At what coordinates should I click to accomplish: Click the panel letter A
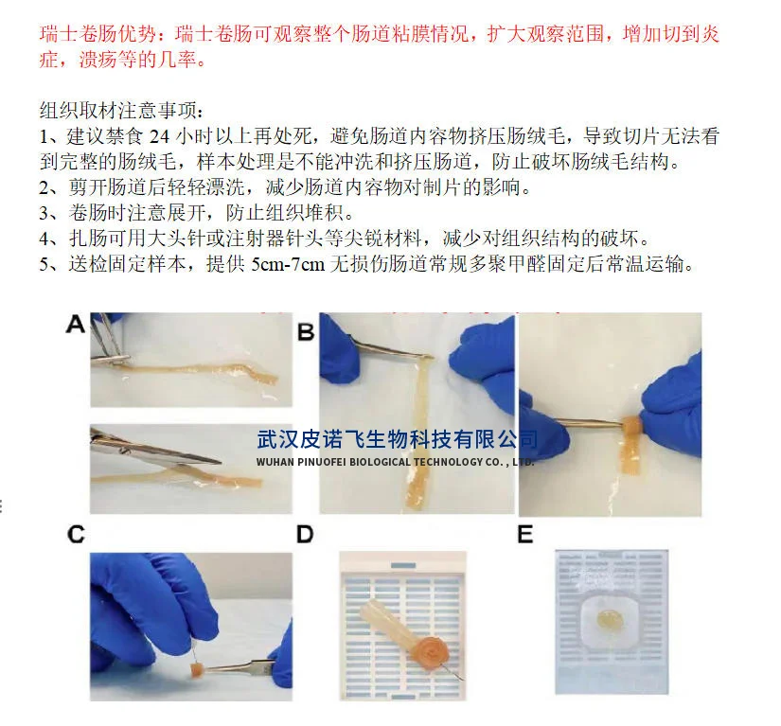point(75,324)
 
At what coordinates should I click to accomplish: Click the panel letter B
point(306,331)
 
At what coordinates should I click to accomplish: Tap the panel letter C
point(77,534)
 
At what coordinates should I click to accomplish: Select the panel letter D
point(305,534)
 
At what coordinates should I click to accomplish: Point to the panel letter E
point(525,534)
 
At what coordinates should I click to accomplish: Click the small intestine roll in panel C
point(196,671)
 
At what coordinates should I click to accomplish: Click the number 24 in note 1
point(159,136)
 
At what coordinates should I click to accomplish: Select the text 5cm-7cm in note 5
point(288,264)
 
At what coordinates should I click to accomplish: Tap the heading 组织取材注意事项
point(118,110)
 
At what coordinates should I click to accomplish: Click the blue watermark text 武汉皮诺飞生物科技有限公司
point(397,440)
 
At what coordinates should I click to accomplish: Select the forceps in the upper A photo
point(111,338)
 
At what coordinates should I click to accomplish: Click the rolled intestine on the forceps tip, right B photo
point(631,427)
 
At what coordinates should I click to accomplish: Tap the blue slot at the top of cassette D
point(403,565)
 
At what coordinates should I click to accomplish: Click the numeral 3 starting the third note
point(44,213)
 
